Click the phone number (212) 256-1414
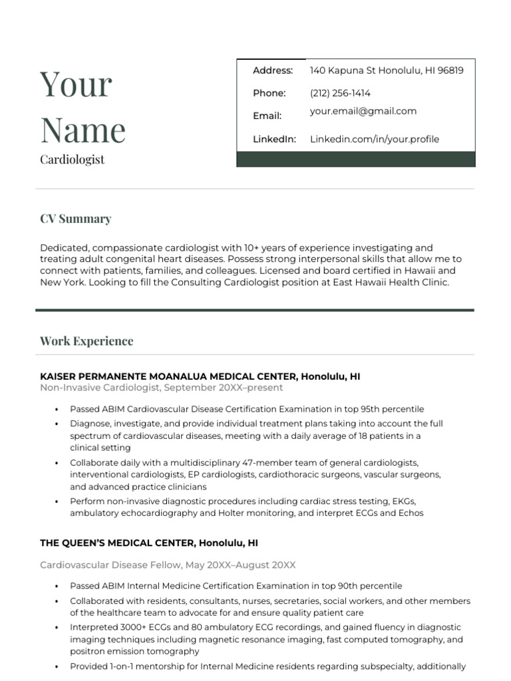click(x=340, y=93)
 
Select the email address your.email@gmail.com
click(x=363, y=111)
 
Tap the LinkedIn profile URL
click(x=375, y=139)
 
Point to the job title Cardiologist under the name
click(x=72, y=160)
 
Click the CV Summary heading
click(x=75, y=219)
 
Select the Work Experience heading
click(x=86, y=341)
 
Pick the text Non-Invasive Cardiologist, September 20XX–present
click(x=161, y=388)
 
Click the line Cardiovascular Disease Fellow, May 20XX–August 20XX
click(x=168, y=565)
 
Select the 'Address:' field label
click(x=273, y=70)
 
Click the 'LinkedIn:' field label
click(x=274, y=139)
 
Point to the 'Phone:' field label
click(x=269, y=93)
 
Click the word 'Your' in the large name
click(x=76, y=85)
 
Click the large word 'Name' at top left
click(x=83, y=130)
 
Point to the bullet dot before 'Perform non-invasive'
click(x=57, y=501)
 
